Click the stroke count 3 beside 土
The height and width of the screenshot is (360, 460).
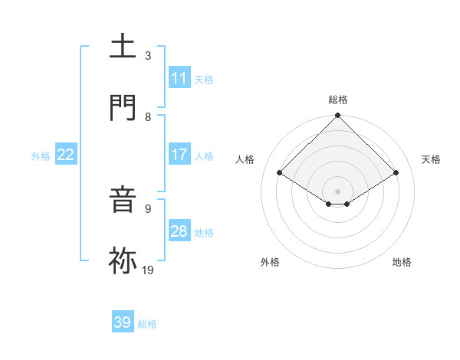(148, 56)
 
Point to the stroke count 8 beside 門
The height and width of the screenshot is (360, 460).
(148, 116)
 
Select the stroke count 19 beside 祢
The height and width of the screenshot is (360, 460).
(149, 270)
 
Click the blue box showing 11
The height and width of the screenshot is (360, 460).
(179, 78)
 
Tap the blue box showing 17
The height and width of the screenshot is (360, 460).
(179, 155)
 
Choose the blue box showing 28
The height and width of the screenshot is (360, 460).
(179, 231)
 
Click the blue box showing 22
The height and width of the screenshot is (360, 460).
(66, 155)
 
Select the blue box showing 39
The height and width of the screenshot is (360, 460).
(123, 322)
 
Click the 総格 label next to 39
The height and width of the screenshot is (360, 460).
(148, 324)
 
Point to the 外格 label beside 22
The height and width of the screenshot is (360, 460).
(41, 156)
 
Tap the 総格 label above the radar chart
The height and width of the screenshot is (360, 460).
(338, 100)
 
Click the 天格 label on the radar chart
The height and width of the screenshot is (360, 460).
(432, 159)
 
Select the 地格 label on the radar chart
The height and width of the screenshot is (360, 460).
(402, 262)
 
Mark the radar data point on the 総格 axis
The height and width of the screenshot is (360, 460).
(338, 116)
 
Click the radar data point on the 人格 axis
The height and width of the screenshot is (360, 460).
(280, 173)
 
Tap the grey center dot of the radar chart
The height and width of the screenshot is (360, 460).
(338, 191)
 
